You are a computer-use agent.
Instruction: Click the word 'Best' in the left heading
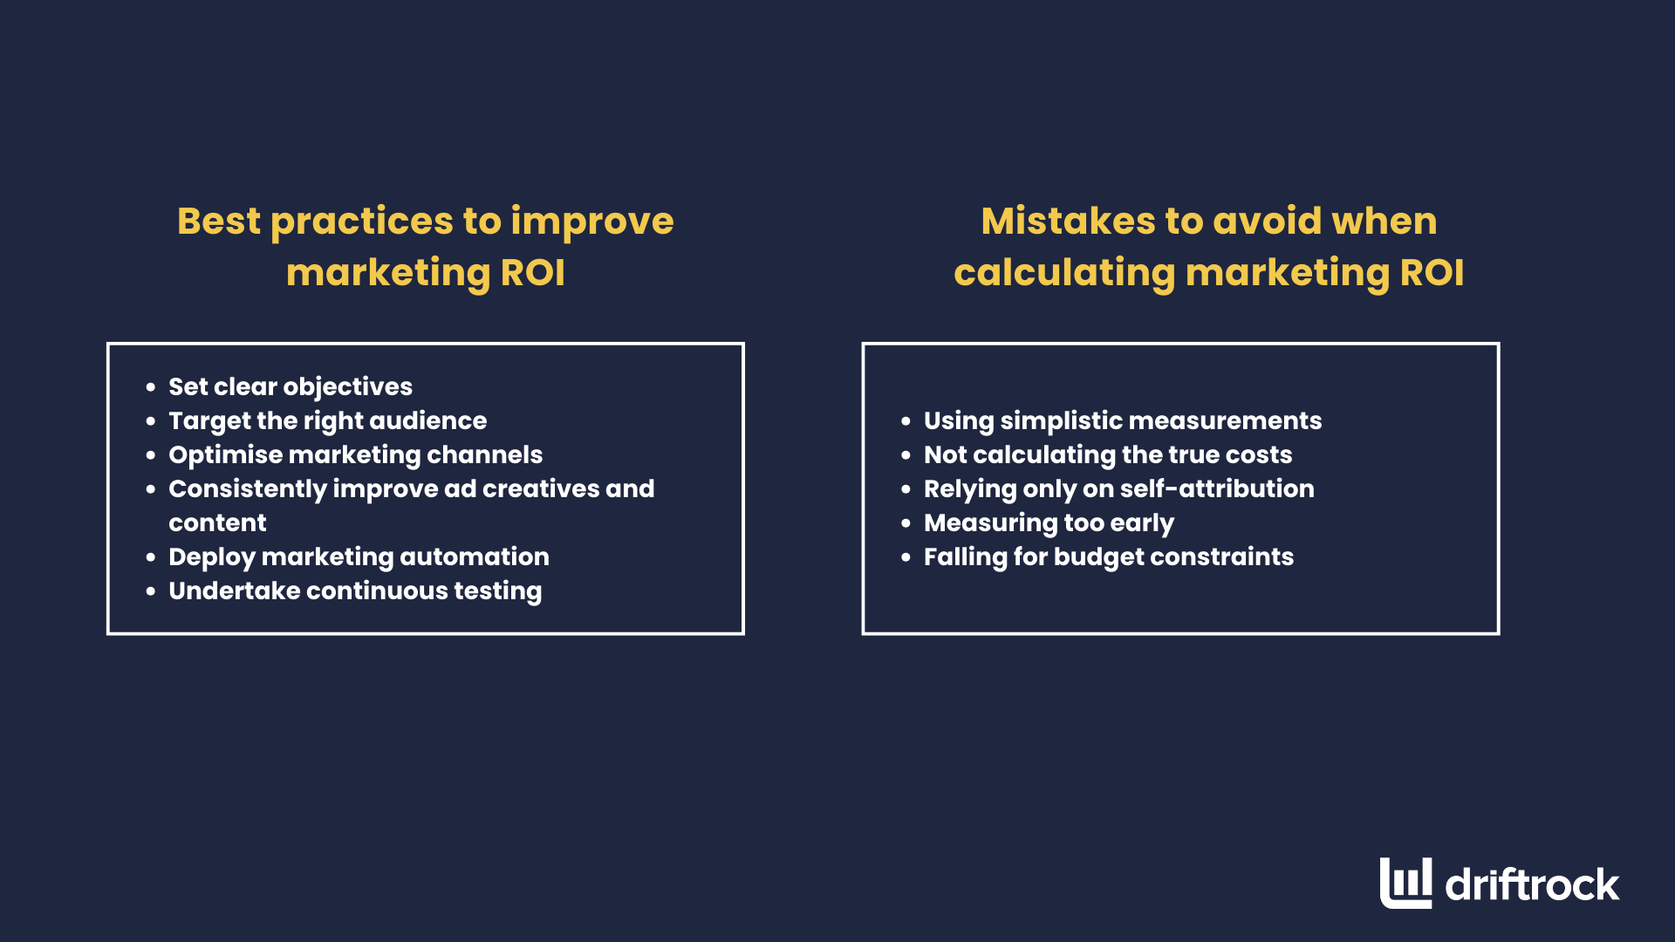point(218,221)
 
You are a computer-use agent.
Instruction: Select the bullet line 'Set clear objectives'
point(290,386)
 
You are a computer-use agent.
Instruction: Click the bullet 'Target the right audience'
point(327,420)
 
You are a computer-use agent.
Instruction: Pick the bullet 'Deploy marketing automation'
point(359,556)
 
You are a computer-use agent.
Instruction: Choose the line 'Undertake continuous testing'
point(355,590)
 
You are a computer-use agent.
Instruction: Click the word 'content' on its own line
point(217,522)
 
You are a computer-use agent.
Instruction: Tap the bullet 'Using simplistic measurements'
point(1122,420)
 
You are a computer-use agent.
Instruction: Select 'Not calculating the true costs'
point(1108,454)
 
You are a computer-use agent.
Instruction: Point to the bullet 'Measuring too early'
point(1049,522)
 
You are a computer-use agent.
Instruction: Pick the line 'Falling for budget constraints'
point(1108,556)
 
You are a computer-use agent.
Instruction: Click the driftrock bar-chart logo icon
point(1405,883)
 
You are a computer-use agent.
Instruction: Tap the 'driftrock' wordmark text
point(1532,885)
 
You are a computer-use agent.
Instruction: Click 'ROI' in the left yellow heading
point(532,272)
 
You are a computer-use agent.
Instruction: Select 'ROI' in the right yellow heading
point(1432,272)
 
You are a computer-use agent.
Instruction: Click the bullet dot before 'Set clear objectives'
point(151,387)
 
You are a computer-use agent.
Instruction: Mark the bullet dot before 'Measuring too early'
point(906,523)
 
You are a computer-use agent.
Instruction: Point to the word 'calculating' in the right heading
point(1064,272)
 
